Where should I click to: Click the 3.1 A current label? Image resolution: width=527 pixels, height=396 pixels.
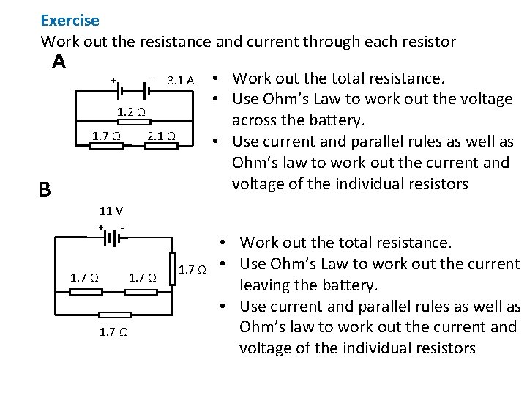(x=180, y=80)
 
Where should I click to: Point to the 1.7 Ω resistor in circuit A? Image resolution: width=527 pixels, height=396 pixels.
(x=105, y=146)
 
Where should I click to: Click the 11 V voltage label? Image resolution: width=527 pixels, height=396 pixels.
(x=111, y=211)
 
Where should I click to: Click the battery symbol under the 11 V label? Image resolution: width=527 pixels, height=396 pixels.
(x=112, y=236)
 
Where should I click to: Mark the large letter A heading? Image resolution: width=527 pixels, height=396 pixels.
(x=59, y=62)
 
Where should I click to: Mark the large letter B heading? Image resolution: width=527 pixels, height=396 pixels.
(x=45, y=190)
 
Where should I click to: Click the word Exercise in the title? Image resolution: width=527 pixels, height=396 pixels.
(x=70, y=21)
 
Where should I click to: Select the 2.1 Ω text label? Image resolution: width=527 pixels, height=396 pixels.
(x=161, y=136)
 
